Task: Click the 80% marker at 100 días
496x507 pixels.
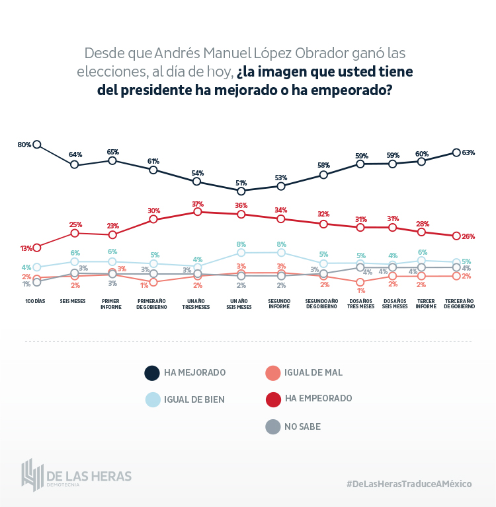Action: [x=37, y=145]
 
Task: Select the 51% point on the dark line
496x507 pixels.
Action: [x=241, y=191]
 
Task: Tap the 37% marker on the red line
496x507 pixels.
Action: [x=197, y=212]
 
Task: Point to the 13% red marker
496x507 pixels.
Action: [x=37, y=248]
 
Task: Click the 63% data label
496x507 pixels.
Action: [x=468, y=152]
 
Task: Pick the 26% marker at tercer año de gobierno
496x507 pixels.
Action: [x=456, y=236]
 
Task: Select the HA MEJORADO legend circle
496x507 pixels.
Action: [x=152, y=373]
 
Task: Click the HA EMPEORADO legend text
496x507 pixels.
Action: [x=318, y=398]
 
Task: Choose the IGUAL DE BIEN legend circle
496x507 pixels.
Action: [x=152, y=399]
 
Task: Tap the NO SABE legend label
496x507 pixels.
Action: [x=302, y=426]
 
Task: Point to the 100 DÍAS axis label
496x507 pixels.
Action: [x=35, y=301]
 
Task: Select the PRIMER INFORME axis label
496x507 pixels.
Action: [x=110, y=304]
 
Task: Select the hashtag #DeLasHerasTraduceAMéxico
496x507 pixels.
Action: [x=409, y=484]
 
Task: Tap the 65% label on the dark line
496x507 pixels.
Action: [x=112, y=152]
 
